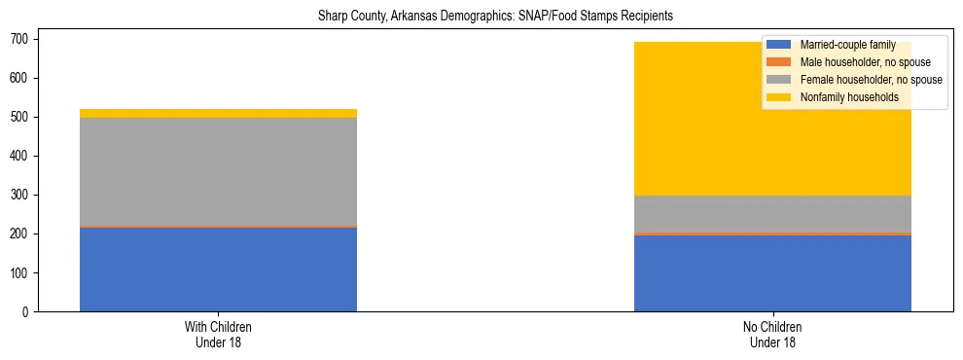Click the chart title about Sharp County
pos(495,17)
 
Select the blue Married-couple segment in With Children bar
pos(218,269)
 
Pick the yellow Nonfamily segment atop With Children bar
pos(218,113)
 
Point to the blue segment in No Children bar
pos(772,273)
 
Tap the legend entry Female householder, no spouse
pos(870,80)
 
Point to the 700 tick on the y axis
pos(24,39)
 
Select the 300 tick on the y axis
pos(24,195)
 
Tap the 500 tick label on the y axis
pos(24,117)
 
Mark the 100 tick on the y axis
pos(24,272)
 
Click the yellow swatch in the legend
pos(779,97)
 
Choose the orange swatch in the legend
pos(779,62)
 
